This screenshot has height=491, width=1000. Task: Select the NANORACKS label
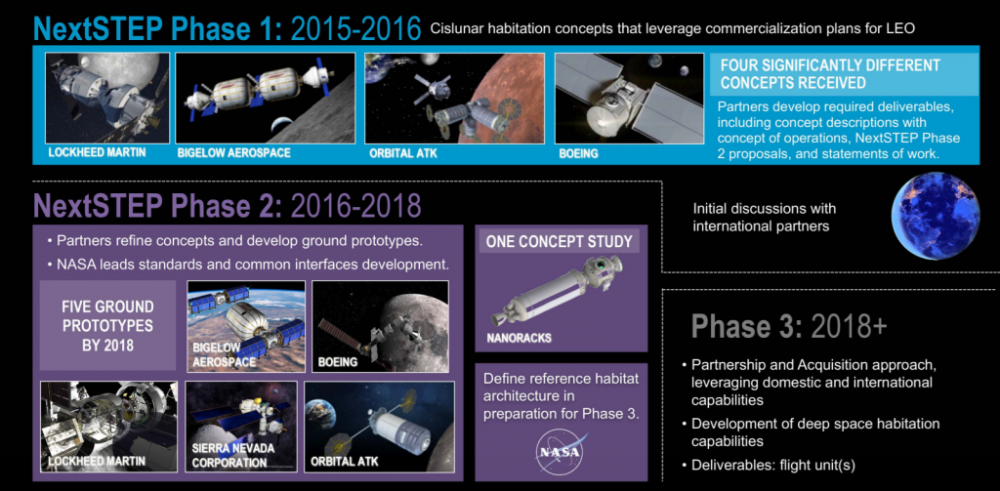520,338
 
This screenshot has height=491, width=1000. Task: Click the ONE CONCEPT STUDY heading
560,242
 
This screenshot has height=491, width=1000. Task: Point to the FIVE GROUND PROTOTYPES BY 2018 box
107,325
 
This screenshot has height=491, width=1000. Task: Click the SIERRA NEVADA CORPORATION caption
232,455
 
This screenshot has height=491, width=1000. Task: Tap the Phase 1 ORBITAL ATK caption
403,153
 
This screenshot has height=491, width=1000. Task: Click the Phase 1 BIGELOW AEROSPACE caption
233,153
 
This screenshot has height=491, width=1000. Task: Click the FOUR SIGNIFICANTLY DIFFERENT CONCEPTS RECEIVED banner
844,74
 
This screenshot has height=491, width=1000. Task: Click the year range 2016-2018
355,205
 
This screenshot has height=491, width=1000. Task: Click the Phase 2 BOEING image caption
339,363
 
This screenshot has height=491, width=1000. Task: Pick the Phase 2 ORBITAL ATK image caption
344,461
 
